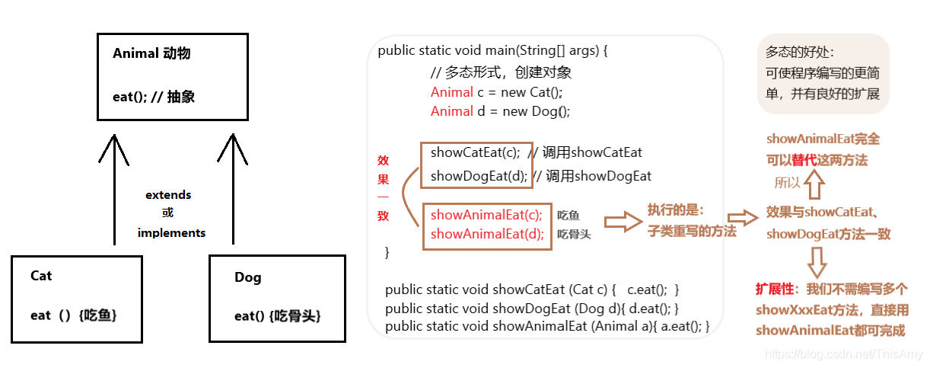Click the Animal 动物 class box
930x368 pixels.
(173, 76)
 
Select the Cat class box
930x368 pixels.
(76, 298)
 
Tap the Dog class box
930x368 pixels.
(277, 298)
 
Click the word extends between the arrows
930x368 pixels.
(168, 195)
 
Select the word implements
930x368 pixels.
(171, 233)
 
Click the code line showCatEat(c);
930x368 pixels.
(476, 152)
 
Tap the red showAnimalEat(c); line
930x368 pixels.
(486, 215)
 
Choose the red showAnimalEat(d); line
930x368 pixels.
(486, 234)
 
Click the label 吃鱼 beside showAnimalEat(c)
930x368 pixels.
(569, 216)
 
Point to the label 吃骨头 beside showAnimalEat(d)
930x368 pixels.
(574, 235)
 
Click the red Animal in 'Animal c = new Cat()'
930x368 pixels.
(451, 92)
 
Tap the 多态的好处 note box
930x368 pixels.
(823, 73)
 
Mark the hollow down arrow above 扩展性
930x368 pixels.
(817, 261)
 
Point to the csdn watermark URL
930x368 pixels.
(843, 354)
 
